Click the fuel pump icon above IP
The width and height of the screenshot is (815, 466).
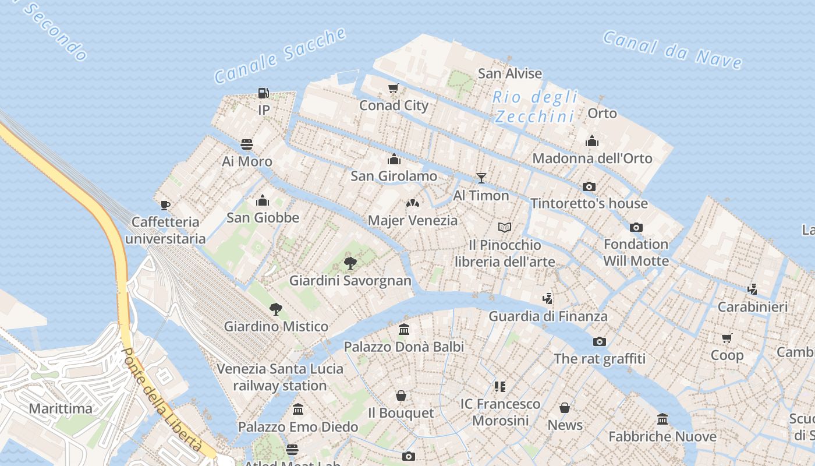click(x=263, y=93)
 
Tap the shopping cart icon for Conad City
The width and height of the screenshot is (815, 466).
click(x=394, y=89)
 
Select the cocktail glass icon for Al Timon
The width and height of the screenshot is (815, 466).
click(x=481, y=178)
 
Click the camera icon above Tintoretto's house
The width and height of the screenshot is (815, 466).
click(x=589, y=186)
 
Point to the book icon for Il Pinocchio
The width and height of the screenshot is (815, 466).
click(x=504, y=227)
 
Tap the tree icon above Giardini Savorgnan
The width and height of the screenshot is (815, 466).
click(x=350, y=263)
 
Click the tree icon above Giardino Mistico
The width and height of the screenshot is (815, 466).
click(x=276, y=309)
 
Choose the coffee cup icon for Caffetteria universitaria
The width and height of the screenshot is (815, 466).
click(x=165, y=204)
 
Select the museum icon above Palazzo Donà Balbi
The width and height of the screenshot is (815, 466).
click(x=404, y=330)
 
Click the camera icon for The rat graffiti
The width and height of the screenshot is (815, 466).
click(x=600, y=341)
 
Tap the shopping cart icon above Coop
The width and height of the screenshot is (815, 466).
click(x=727, y=338)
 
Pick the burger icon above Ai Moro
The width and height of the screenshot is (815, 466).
click(x=247, y=144)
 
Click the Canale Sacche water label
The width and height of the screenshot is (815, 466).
click(x=280, y=55)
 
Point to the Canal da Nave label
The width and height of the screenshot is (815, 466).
click(x=672, y=50)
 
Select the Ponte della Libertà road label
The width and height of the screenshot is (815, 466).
click(x=162, y=400)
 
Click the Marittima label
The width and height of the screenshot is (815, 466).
click(x=61, y=408)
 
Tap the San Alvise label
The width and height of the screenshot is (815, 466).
click(x=510, y=73)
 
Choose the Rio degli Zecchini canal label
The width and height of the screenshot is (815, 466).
click(x=535, y=107)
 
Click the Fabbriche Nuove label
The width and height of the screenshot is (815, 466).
click(x=662, y=436)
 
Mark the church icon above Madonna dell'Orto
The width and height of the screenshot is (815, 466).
click(x=592, y=141)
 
